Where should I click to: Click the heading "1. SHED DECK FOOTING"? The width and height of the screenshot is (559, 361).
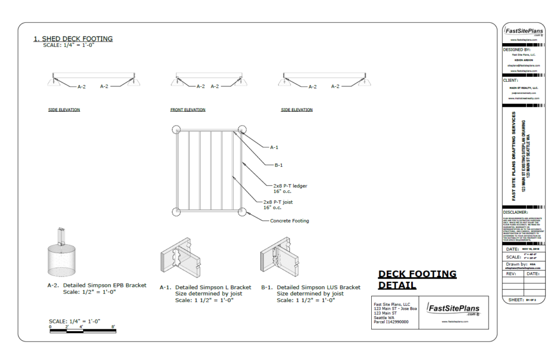(73, 39)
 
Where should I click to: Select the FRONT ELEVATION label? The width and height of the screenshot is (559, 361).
(188, 110)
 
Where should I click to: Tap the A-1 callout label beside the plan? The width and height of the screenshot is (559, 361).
(275, 147)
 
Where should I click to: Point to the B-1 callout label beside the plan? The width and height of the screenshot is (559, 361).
(278, 165)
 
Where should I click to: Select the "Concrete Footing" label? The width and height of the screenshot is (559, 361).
(289, 221)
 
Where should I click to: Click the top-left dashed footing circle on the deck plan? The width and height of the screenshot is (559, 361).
(175, 130)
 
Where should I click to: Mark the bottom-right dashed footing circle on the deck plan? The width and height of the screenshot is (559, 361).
(241, 212)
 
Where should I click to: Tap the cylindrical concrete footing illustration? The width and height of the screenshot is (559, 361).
(62, 262)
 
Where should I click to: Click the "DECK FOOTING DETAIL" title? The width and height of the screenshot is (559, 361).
(417, 280)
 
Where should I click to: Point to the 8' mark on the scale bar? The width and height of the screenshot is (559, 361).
(113, 326)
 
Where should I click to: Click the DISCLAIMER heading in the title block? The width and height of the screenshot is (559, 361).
(516, 212)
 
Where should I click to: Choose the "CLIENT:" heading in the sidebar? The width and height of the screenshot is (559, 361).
(511, 80)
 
